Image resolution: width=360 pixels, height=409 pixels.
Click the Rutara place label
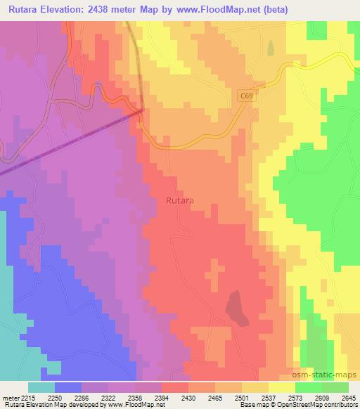coord(180,200)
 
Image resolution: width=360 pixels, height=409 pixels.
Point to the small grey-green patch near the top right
coord(270,47)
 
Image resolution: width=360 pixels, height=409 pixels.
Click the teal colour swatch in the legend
coord(41,387)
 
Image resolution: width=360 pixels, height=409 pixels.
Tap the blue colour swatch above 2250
coord(68,387)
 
